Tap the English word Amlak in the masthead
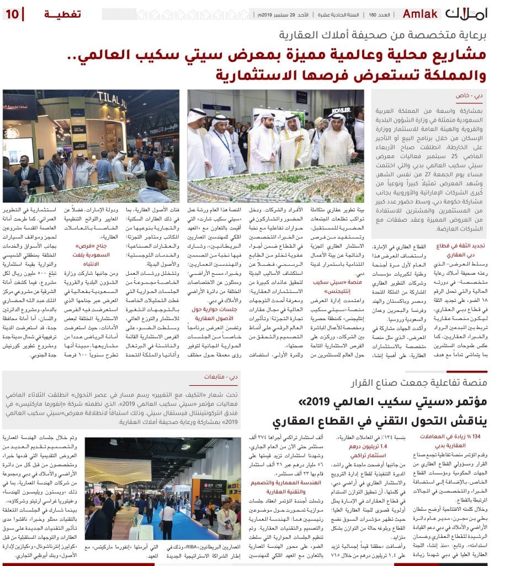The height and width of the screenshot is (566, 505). pos(421,13)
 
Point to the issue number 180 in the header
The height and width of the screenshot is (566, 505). pos(373,14)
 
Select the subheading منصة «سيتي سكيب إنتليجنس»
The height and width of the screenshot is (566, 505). pos(329,286)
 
